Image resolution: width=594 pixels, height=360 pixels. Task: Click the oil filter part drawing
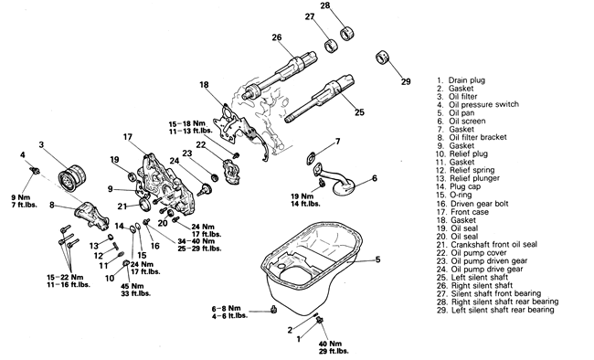(73, 178)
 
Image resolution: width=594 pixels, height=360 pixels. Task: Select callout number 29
(406, 82)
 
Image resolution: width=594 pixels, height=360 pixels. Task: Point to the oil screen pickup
(335, 179)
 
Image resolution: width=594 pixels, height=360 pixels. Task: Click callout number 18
(204, 84)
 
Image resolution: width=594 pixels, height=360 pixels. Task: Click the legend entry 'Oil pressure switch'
(483, 104)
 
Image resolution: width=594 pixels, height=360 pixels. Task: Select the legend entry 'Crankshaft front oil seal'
(494, 245)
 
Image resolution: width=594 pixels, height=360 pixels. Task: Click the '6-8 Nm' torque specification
(226, 309)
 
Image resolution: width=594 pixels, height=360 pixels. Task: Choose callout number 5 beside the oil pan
(377, 260)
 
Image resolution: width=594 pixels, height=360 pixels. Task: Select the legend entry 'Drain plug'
(467, 80)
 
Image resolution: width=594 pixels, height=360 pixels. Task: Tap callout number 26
(277, 37)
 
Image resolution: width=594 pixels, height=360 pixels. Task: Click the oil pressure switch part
(35, 170)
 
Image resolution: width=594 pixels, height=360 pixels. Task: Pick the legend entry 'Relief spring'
(472, 170)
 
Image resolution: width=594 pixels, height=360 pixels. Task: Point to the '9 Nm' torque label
(20, 197)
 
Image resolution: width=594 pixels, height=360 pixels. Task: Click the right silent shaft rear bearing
(346, 33)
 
